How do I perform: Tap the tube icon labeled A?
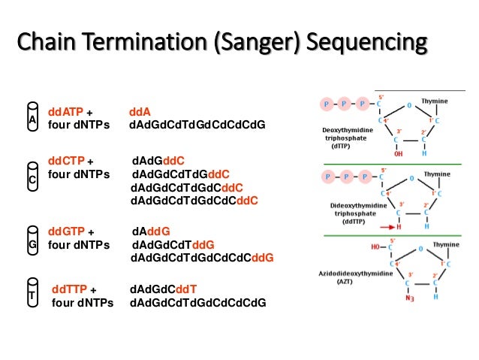32,117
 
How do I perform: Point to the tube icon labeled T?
32,295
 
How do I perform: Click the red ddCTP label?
66,161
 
